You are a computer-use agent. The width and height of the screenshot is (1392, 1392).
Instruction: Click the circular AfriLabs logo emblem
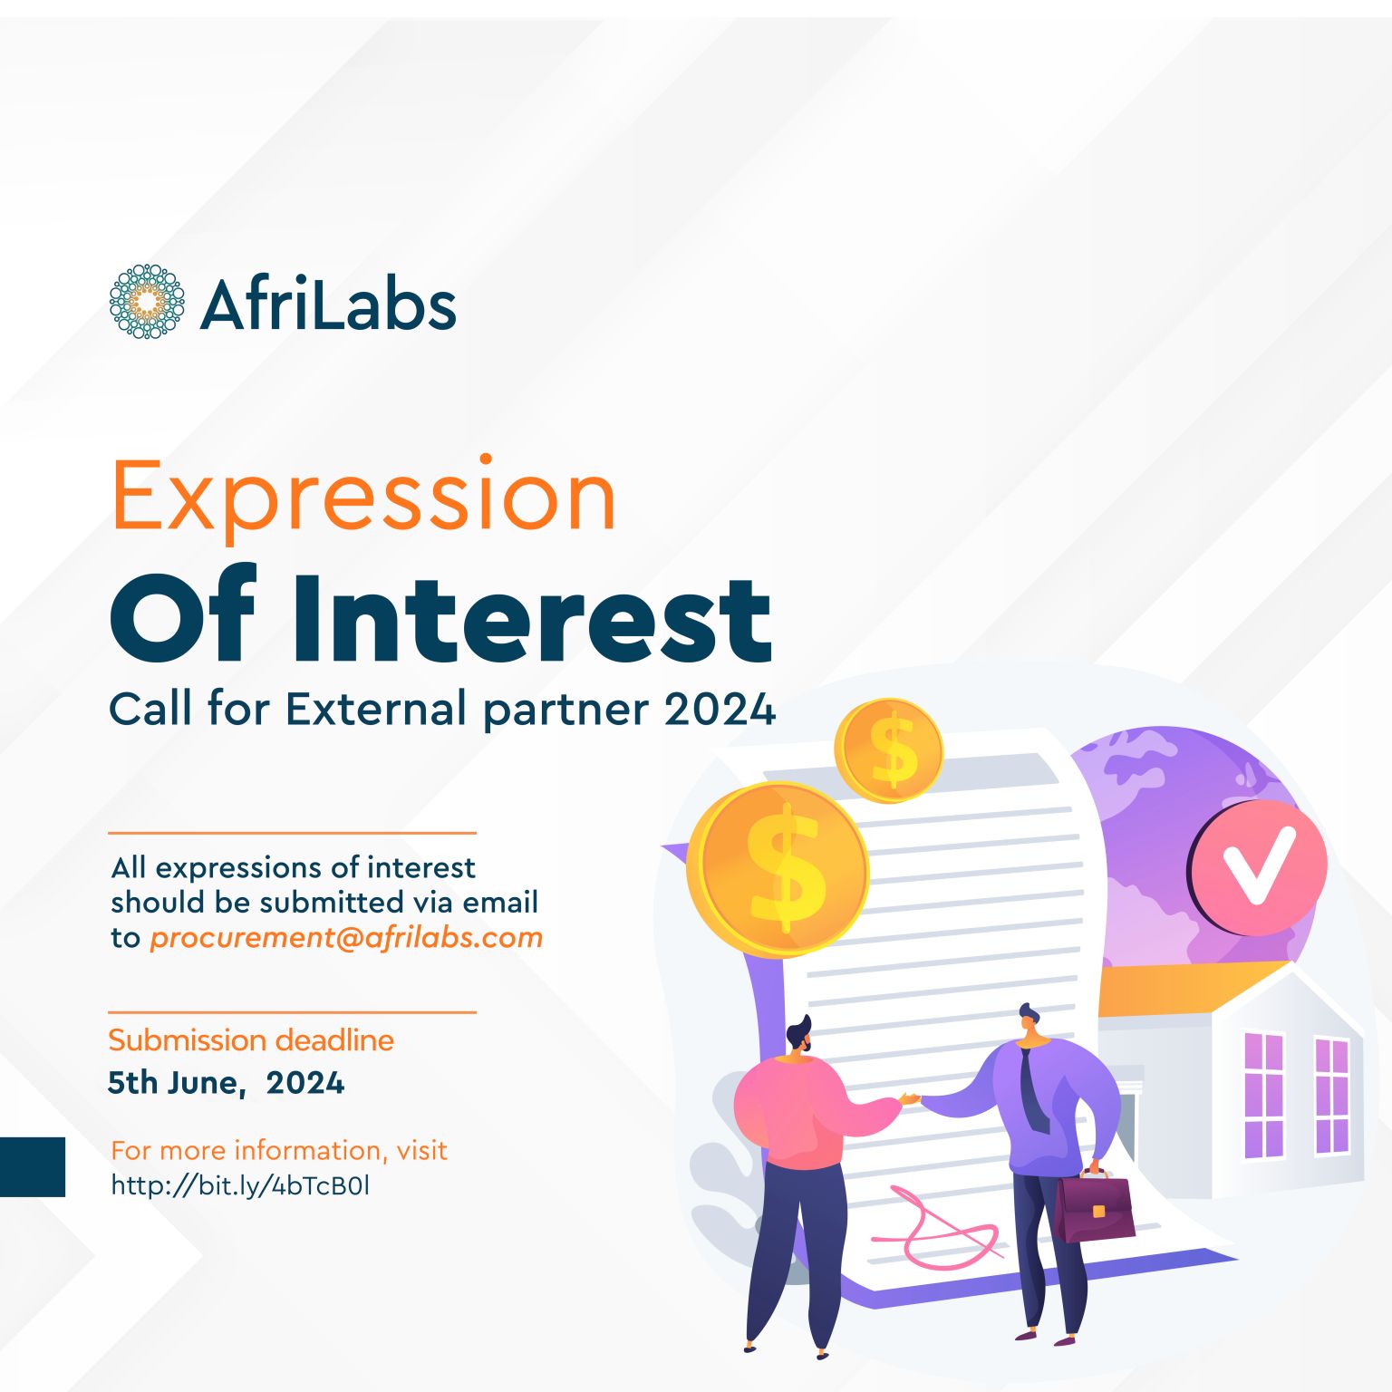[147, 302]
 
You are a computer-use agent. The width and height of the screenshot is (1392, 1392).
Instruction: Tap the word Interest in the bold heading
[532, 618]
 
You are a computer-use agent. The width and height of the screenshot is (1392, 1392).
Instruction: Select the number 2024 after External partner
[720, 709]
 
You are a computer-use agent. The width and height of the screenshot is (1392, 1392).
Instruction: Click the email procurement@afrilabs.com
[346, 938]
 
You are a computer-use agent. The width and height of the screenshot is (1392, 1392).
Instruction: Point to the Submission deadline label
[251, 1040]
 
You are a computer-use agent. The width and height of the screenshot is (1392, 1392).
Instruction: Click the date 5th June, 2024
[226, 1083]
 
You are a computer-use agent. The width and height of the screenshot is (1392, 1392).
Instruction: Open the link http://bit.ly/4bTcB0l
[240, 1185]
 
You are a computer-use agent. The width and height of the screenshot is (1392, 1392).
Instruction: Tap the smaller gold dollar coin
[888, 750]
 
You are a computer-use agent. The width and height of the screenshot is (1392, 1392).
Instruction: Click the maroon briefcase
[1094, 1206]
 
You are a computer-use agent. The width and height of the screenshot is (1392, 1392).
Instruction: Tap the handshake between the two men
[910, 1099]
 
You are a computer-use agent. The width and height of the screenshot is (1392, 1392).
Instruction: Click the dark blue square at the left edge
[33, 1167]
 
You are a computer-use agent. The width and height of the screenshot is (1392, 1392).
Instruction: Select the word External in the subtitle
[376, 709]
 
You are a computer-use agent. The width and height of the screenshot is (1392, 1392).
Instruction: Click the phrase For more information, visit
[279, 1151]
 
